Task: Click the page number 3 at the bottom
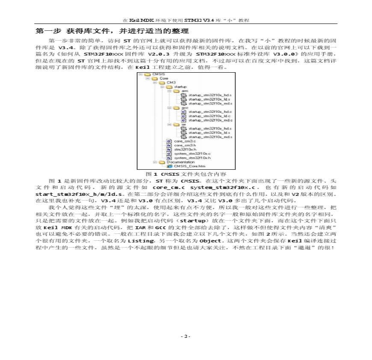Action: point(185,336)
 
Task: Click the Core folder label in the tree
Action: point(164,79)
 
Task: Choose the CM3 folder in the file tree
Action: point(171,83)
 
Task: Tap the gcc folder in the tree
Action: point(184,108)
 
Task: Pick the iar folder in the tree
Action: point(183,124)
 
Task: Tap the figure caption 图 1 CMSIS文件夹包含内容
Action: point(186,174)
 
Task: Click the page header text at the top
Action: point(186,20)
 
